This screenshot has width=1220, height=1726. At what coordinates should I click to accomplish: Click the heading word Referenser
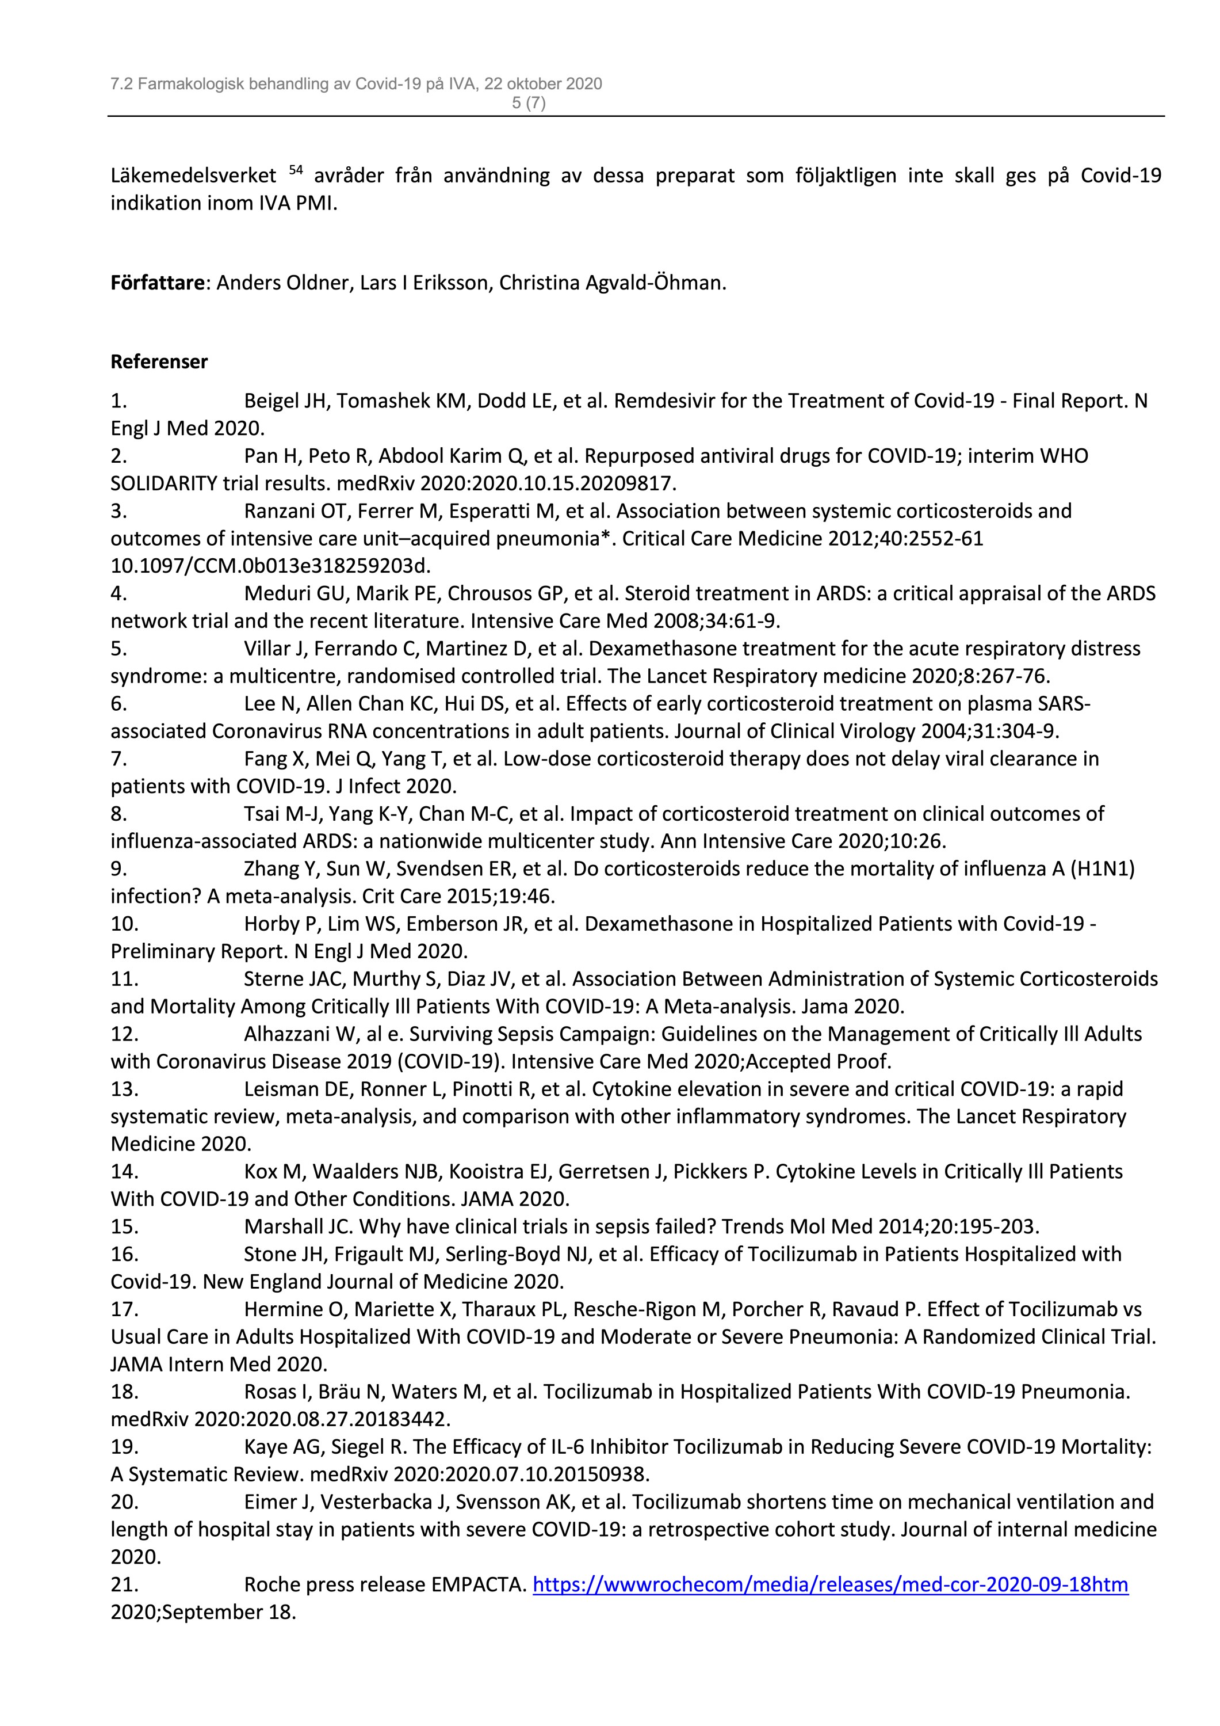point(159,361)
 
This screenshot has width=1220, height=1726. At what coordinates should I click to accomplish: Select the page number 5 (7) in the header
point(529,104)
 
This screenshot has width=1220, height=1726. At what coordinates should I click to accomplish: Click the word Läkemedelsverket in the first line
point(193,176)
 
